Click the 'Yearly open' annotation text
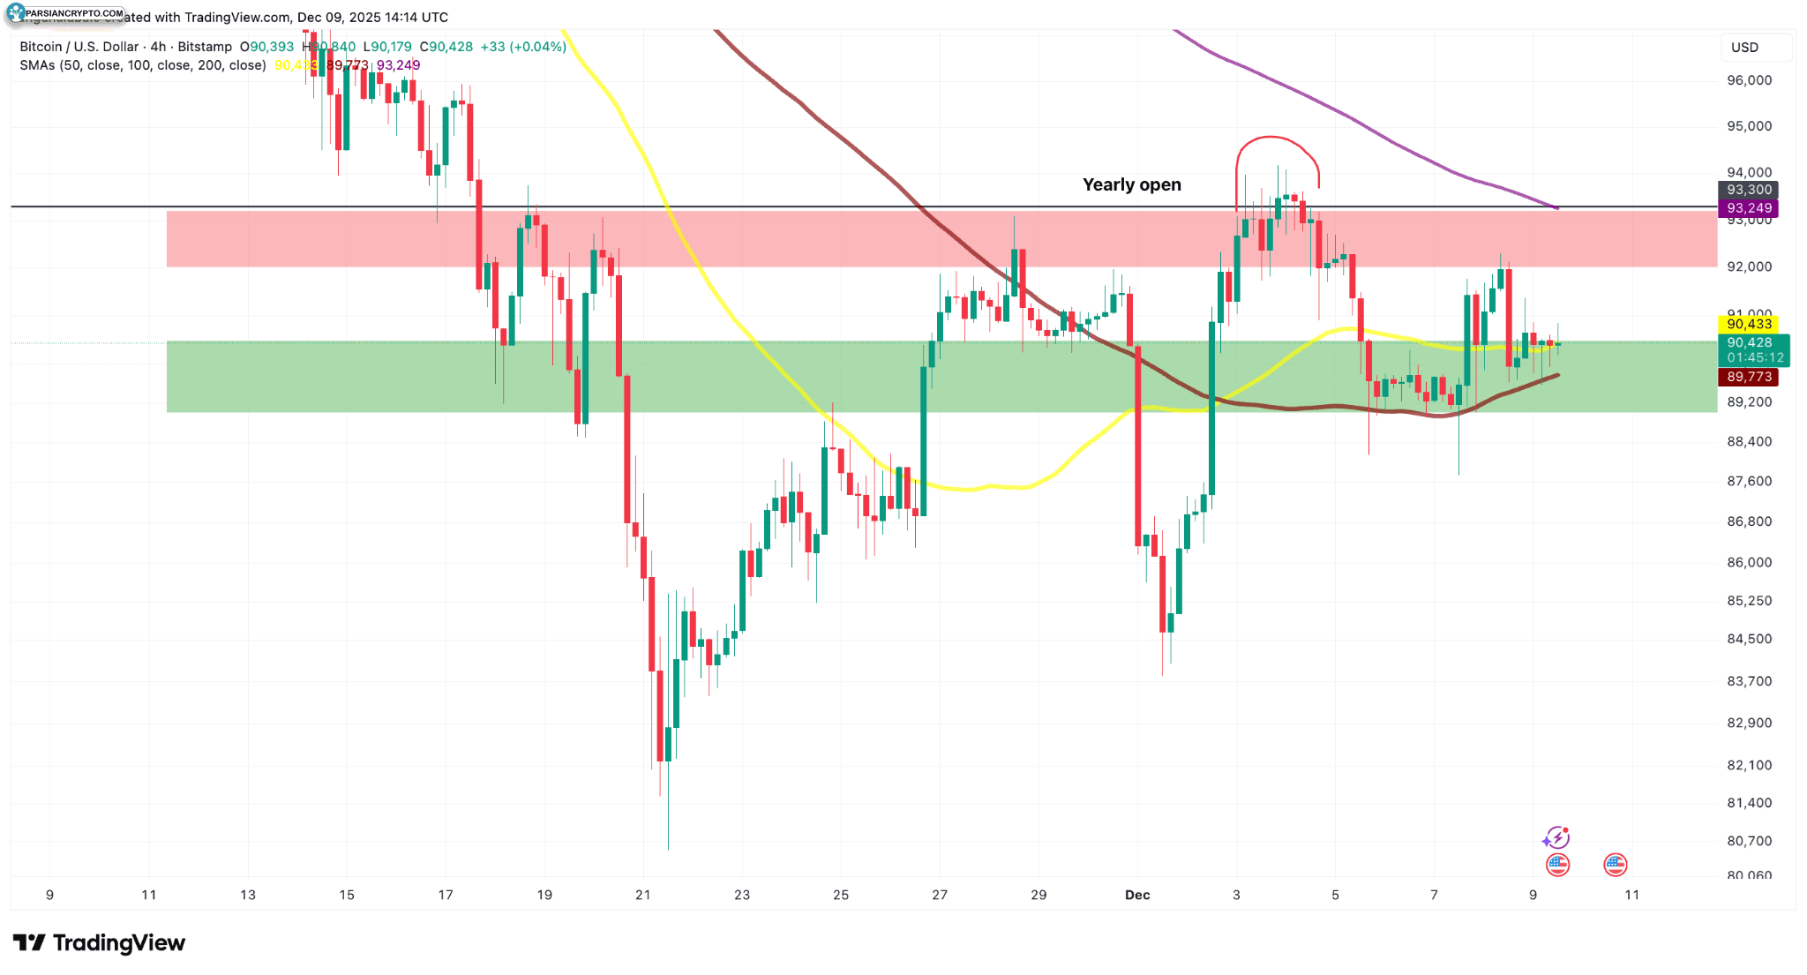(x=1131, y=184)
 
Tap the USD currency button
(x=1744, y=48)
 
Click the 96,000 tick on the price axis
(x=1749, y=80)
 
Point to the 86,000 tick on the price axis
(x=1749, y=562)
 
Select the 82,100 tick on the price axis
(x=1749, y=765)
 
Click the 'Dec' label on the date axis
(x=1137, y=895)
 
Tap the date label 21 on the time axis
(x=643, y=895)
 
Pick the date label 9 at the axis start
(x=49, y=895)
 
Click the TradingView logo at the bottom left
(x=99, y=943)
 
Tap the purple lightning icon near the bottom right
(x=1556, y=837)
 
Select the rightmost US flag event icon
(x=1615, y=865)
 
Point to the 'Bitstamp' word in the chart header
(x=205, y=47)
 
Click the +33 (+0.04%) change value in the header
(x=523, y=47)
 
